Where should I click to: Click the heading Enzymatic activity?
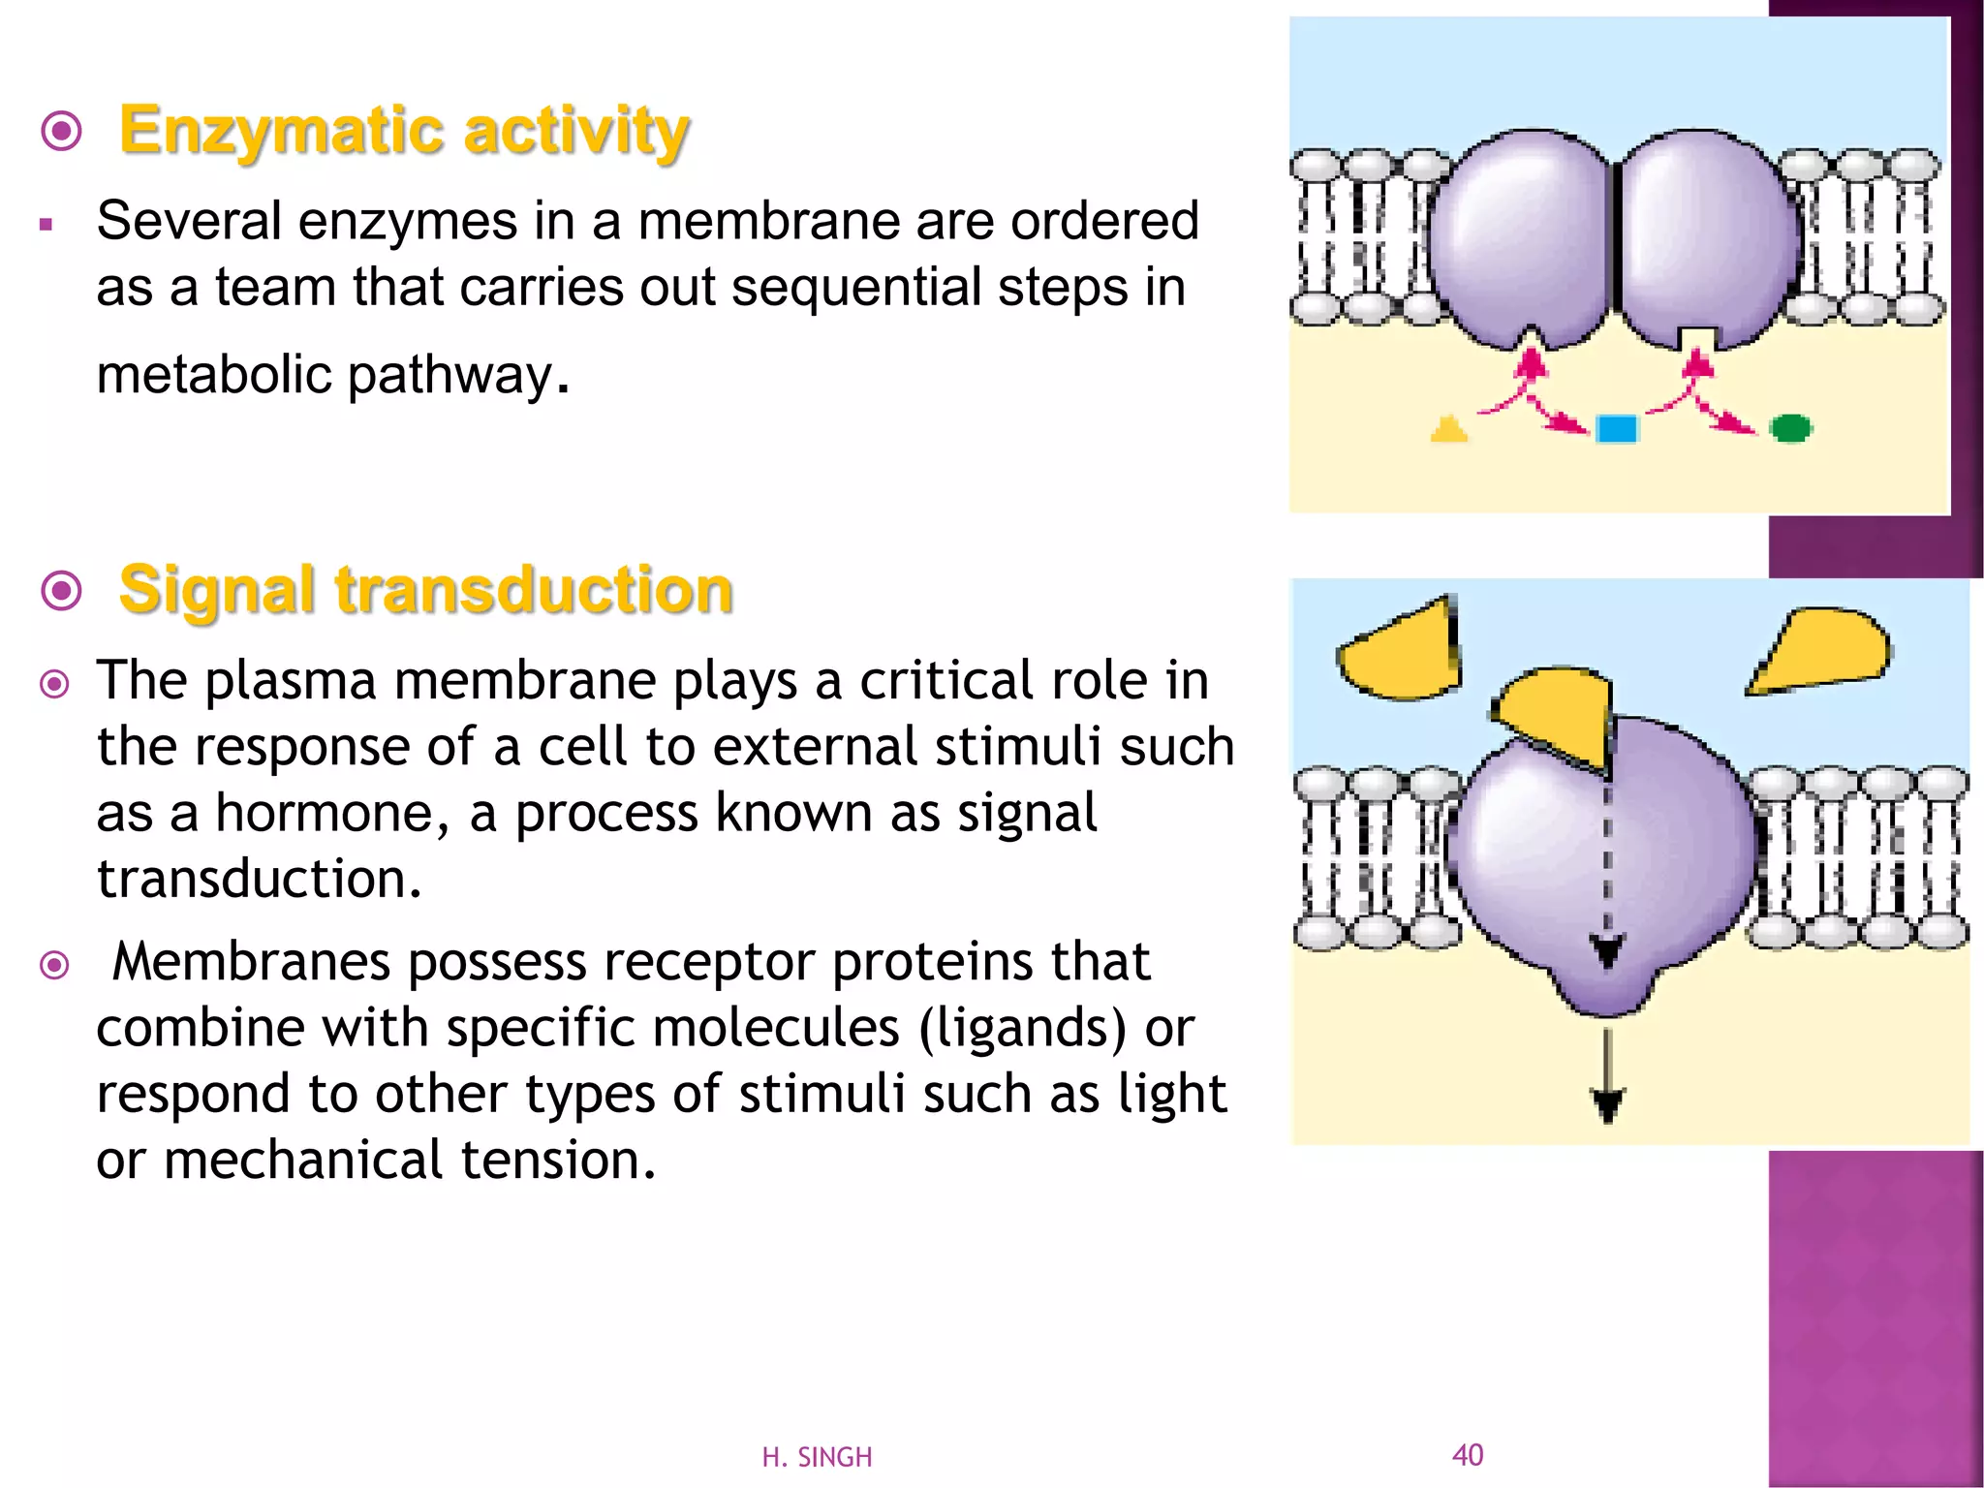click(403, 131)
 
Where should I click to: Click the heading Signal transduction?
click(425, 590)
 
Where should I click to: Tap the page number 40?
click(1468, 1454)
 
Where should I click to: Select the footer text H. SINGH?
click(817, 1457)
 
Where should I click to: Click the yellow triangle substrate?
click(1448, 429)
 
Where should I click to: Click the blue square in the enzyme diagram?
click(1616, 428)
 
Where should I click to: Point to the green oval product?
click(1790, 427)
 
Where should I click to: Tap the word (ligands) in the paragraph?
click(1023, 1028)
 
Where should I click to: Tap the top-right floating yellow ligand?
click(1821, 649)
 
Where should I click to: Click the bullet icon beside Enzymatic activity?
click(62, 131)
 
